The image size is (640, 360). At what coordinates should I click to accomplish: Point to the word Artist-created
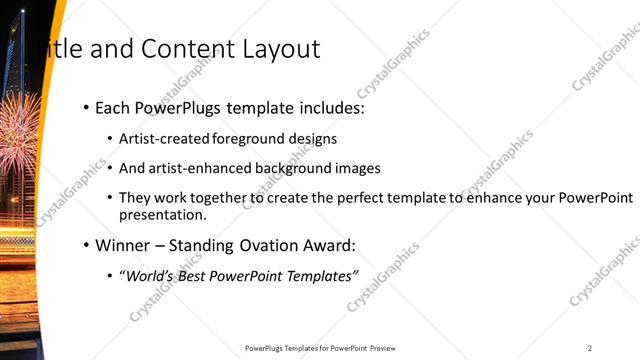pos(160,139)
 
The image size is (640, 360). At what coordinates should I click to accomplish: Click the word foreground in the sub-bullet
pos(241,139)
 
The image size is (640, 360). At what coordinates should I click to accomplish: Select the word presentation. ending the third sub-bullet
pos(162,215)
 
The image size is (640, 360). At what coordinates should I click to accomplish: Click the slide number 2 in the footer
pos(590,348)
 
